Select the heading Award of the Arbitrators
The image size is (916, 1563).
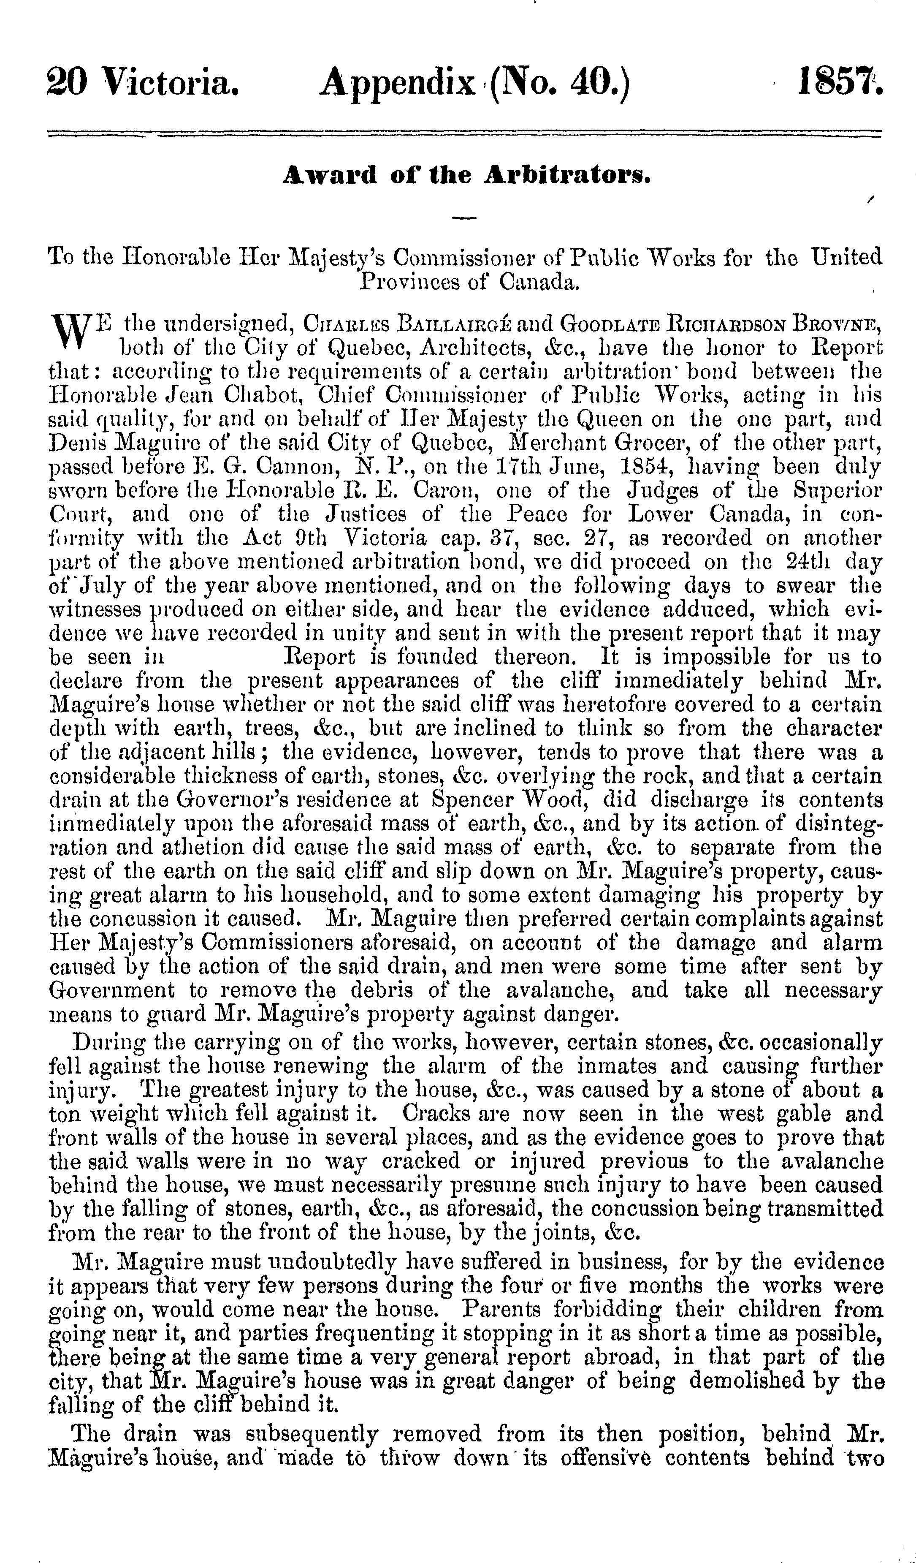click(x=466, y=177)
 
